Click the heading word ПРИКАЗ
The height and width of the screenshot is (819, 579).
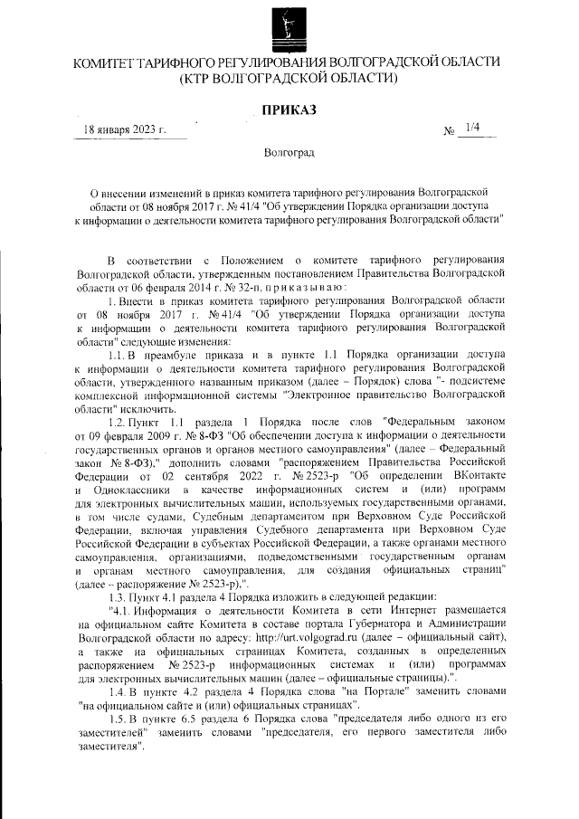pyautogui.click(x=289, y=110)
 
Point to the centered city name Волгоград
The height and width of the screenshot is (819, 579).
pyautogui.click(x=289, y=153)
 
